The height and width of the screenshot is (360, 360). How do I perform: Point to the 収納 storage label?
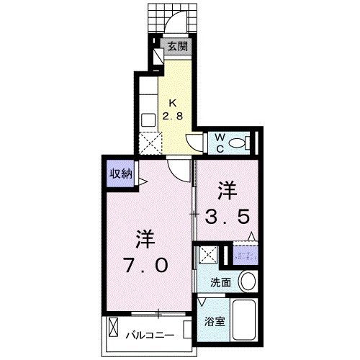click(120, 173)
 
